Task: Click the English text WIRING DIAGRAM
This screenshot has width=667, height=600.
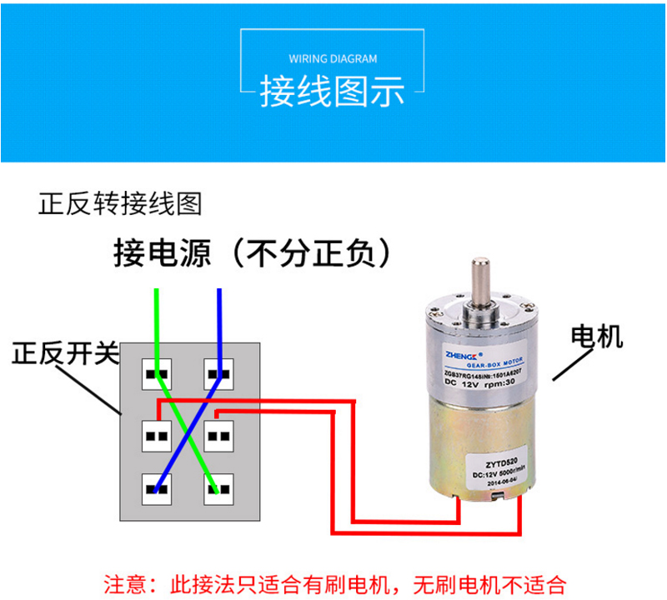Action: point(333,59)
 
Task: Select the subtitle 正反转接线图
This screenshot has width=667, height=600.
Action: point(120,203)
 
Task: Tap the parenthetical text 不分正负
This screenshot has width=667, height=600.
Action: point(310,252)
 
